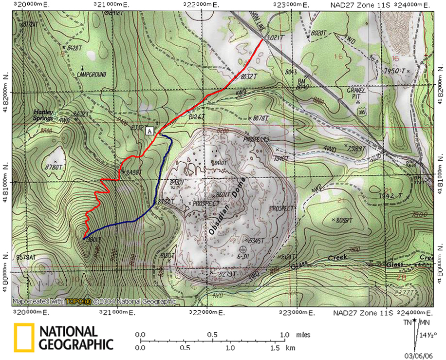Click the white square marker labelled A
(x=150, y=130)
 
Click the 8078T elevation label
(x=261, y=118)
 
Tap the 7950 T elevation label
(x=395, y=71)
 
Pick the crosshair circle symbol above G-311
(x=243, y=249)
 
